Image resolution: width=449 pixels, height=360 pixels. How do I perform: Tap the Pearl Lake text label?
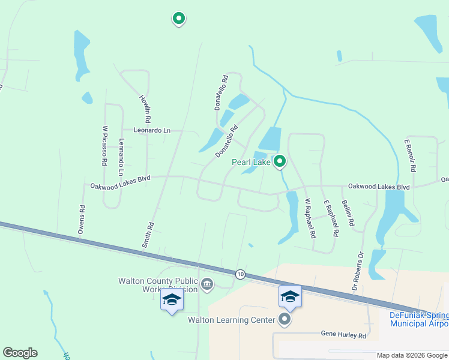click(252, 162)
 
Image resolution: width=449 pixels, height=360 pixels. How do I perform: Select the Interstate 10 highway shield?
click(240, 274)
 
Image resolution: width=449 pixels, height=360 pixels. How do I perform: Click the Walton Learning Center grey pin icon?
click(285, 320)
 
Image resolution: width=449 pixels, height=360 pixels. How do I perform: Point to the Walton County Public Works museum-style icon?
click(207, 284)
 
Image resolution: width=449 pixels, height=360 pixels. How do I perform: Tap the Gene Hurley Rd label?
click(343, 335)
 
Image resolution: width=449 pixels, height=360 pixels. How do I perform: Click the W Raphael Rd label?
click(309, 219)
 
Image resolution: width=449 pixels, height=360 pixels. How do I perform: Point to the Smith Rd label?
click(148, 235)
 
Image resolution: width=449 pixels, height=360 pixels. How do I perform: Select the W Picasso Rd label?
click(104, 145)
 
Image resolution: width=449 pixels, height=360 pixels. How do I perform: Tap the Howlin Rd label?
click(145, 106)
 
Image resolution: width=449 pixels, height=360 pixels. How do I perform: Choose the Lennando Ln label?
click(122, 153)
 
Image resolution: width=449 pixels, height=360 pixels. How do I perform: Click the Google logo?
click(20, 353)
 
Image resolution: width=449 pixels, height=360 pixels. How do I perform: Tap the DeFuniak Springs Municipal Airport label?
click(418, 319)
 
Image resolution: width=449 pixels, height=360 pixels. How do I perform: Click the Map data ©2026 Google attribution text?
click(412, 355)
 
